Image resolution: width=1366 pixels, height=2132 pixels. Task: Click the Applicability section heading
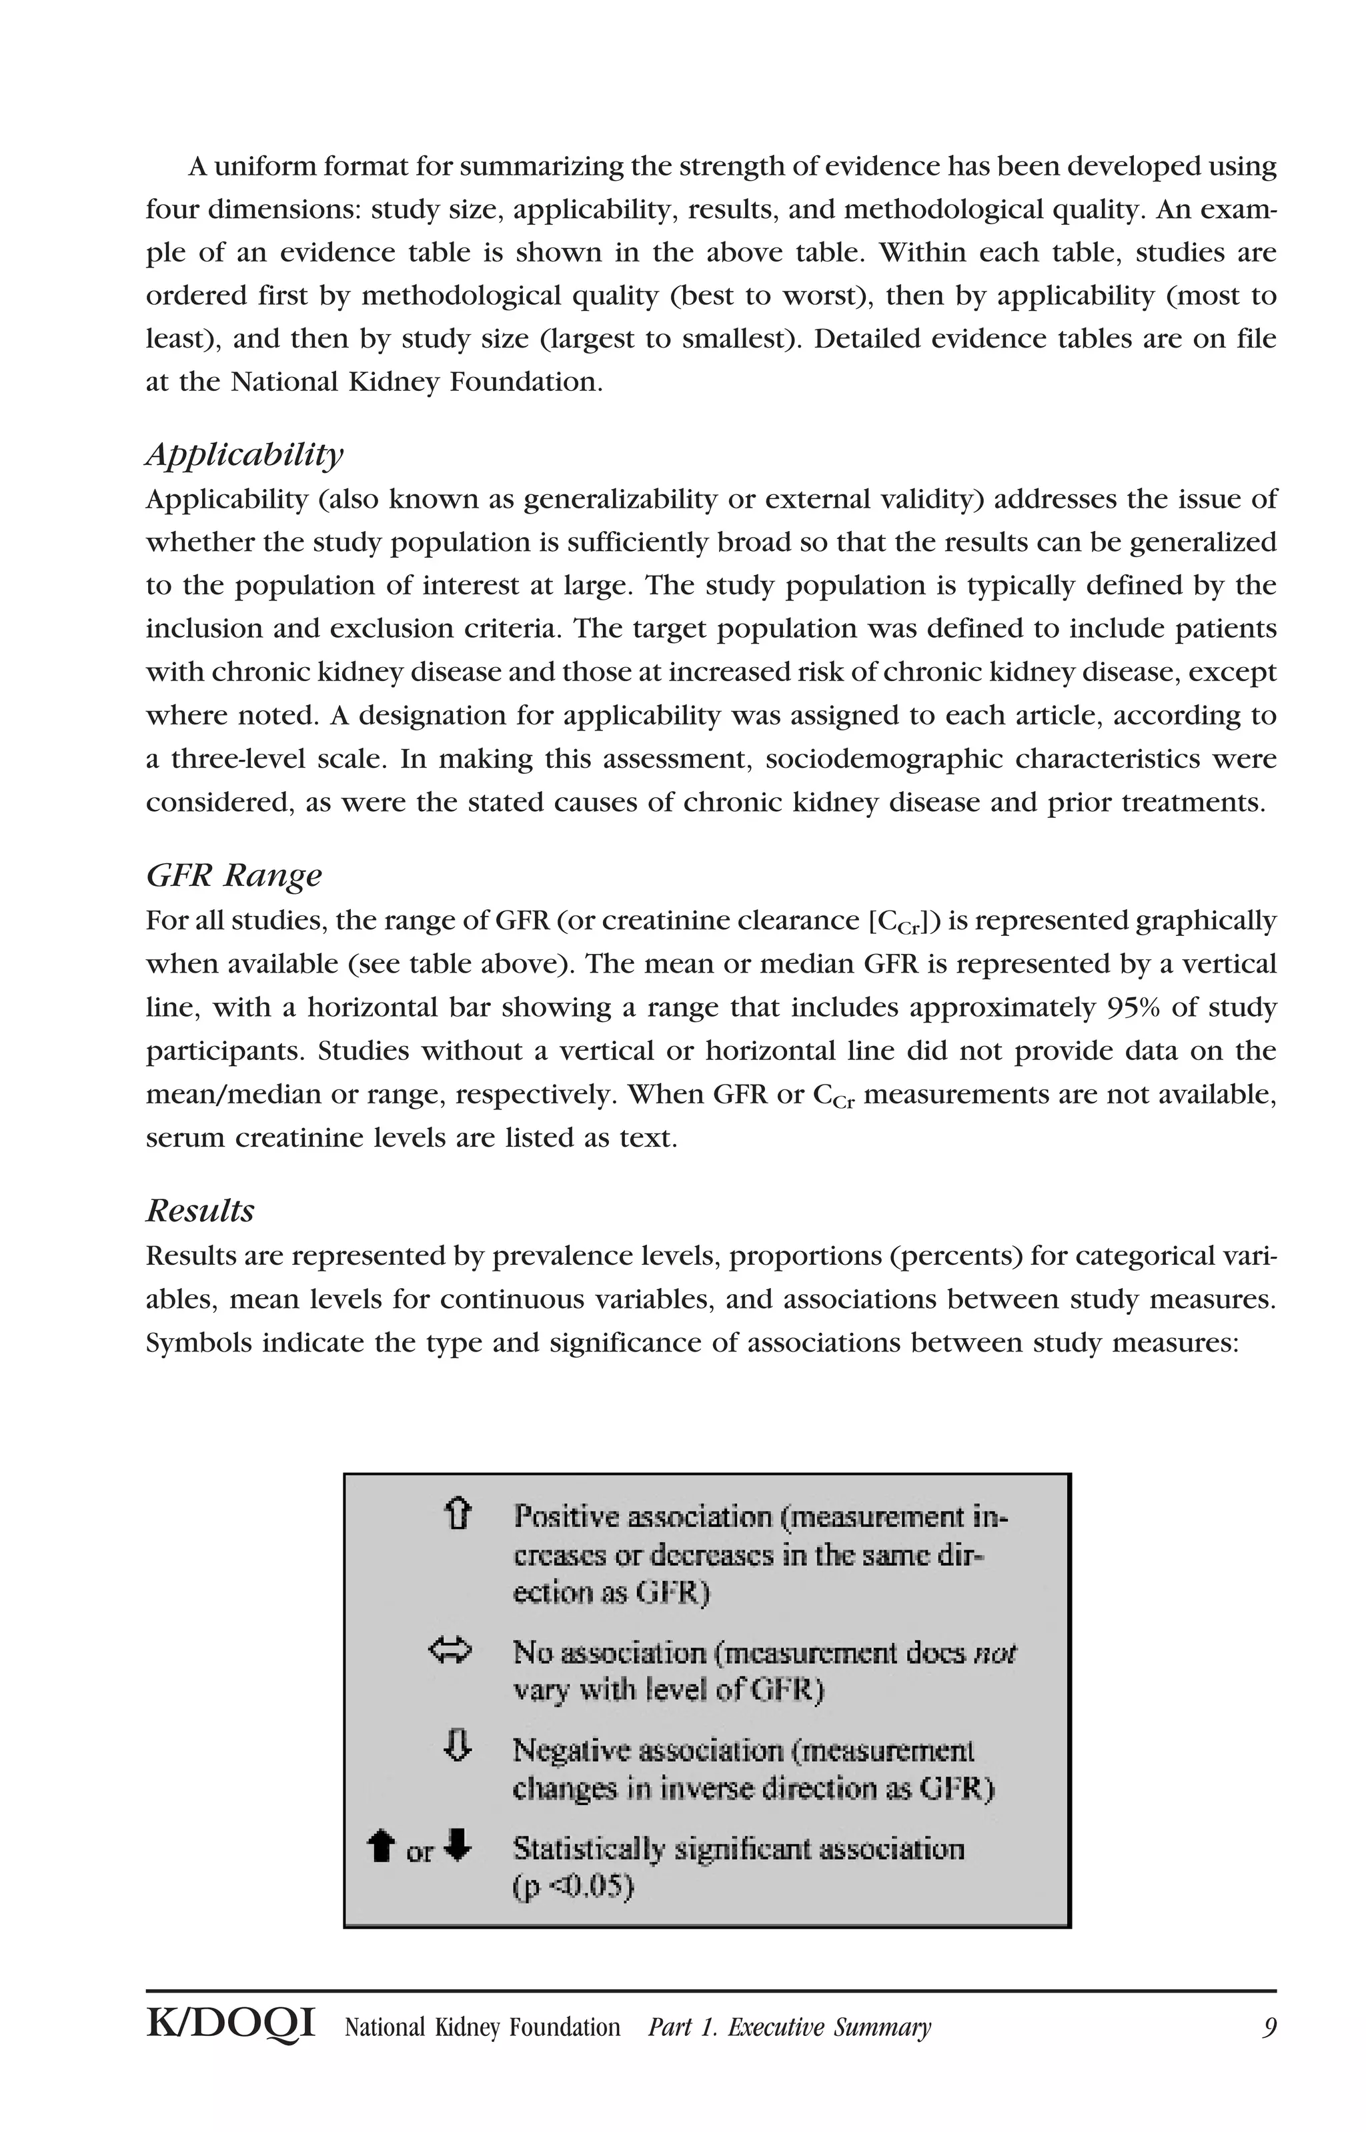pos(244,455)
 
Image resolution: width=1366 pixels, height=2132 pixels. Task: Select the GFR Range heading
pos(233,875)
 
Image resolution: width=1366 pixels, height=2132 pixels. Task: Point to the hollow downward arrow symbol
pos(457,1746)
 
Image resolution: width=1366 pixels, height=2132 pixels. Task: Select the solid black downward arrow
pos(457,1846)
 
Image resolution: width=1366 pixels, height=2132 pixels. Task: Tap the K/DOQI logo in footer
pos(231,2025)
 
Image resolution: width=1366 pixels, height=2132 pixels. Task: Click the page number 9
pos(1269,2027)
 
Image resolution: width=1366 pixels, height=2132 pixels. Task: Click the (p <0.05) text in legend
pos(573,1887)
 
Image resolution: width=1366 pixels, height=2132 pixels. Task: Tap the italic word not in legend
pos(994,1653)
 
